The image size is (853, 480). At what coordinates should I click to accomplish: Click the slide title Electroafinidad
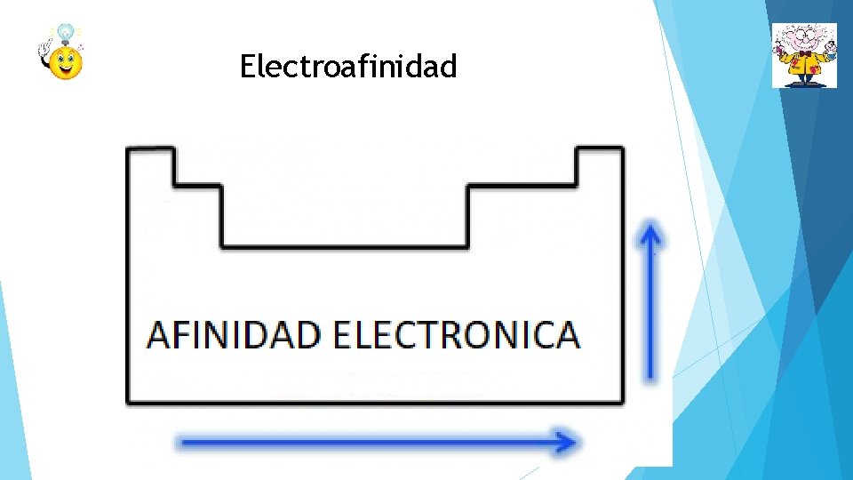348,66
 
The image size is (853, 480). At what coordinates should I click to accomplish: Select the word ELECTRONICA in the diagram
456,335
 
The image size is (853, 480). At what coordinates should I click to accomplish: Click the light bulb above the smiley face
66,34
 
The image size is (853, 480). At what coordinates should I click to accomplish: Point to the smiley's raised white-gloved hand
44,55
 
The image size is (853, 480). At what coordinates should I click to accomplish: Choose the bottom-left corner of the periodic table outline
130,402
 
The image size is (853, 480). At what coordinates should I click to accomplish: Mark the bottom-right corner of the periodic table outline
622,402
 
